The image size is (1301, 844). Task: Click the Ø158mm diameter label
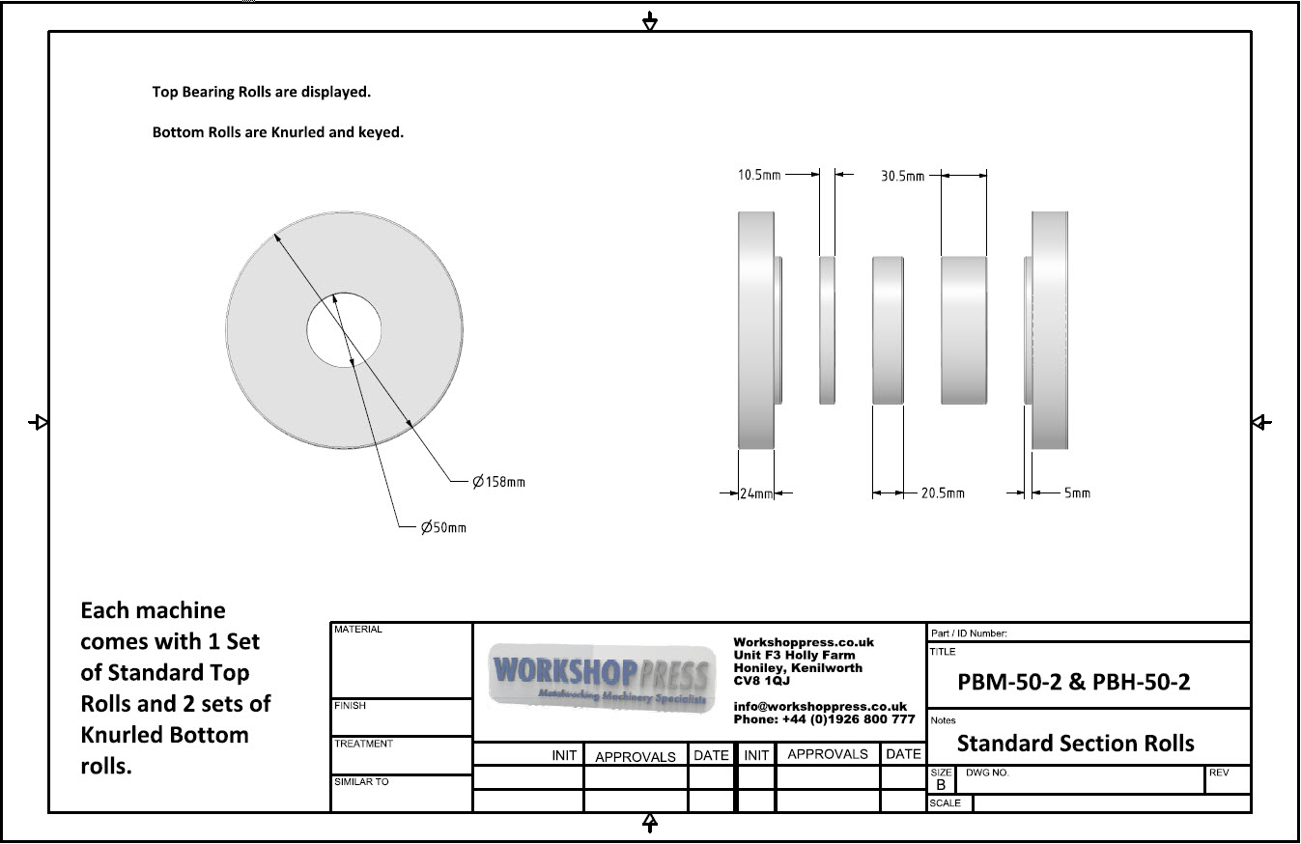498,482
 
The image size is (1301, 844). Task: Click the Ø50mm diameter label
443,527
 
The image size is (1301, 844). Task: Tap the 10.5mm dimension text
758,175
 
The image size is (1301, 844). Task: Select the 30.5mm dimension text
902,176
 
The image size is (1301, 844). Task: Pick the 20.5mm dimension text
942,493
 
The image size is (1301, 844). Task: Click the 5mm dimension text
1077,493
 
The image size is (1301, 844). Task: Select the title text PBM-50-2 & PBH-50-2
1073,682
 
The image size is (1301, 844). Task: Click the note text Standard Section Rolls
1075,743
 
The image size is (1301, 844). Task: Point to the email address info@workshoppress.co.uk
820,707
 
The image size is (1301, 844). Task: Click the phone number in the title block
824,719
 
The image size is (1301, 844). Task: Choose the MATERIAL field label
358,630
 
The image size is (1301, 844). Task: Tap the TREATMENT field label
363,744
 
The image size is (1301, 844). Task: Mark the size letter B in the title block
941,785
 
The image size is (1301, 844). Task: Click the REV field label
1218,774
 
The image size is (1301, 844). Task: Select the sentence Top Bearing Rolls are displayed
262,93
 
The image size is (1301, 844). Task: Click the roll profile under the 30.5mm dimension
964,329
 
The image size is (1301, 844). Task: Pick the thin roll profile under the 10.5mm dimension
828,329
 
